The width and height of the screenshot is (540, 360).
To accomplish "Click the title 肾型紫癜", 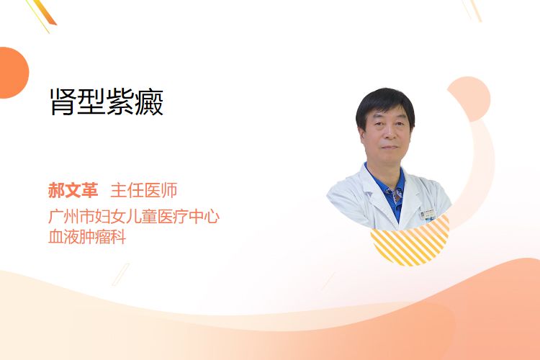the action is tap(107, 102).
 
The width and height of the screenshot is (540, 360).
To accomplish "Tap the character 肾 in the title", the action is tap(63, 102).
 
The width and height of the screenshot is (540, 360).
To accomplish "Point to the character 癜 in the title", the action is tap(150, 102).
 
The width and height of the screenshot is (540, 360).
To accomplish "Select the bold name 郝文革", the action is tap(73, 191).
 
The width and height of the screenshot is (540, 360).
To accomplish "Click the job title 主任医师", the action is tap(144, 191).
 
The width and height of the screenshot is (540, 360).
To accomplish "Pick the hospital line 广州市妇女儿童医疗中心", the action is tap(134, 216).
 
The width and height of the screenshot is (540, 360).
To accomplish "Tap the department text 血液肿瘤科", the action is tap(87, 237).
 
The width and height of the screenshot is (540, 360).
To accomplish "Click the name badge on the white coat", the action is tap(428, 215).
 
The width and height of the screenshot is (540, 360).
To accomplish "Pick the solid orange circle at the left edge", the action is tap(13, 73).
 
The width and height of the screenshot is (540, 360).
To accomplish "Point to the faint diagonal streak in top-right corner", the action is tap(472, 10).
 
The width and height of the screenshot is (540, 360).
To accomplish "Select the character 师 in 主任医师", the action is tap(169, 191).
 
